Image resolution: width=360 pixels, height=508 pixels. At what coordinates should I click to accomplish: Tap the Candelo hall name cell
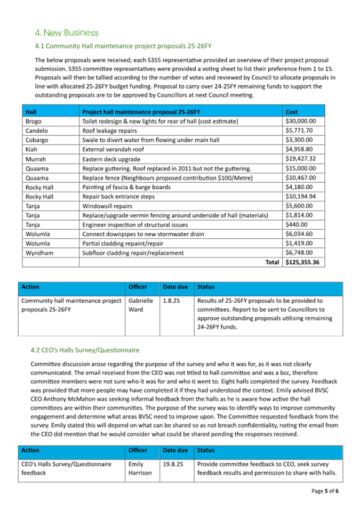tap(37, 131)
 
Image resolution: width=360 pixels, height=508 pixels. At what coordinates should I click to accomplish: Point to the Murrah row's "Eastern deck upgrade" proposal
tap(111, 159)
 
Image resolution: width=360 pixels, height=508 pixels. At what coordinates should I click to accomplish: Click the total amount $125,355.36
tap(301, 262)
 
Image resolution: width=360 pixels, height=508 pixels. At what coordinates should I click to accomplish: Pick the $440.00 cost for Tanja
tap(297, 224)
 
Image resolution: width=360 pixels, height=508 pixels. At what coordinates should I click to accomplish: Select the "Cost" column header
tap(292, 112)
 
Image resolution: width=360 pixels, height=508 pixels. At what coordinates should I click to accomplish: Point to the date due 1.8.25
tap(171, 301)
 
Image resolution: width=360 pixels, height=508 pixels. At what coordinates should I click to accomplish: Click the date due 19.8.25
tap(173, 464)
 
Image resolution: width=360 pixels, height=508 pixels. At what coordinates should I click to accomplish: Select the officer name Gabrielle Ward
tap(140, 305)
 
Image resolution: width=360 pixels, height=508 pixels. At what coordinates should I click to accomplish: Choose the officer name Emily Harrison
tap(140, 469)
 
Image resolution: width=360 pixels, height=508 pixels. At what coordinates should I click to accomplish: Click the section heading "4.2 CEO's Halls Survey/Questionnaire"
tap(85, 350)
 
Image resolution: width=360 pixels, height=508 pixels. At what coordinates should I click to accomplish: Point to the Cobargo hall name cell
tap(37, 140)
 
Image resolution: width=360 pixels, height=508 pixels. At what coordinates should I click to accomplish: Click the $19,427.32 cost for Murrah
tap(301, 159)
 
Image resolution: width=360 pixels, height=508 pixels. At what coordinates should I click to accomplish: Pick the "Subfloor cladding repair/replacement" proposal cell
tap(133, 253)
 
